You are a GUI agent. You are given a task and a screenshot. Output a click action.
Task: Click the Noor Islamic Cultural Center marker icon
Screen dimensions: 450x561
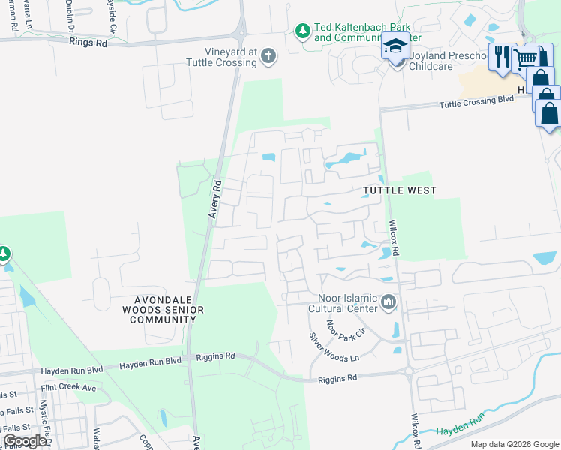click(388, 302)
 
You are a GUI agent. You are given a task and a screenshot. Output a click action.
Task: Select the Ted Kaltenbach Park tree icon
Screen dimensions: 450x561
click(302, 31)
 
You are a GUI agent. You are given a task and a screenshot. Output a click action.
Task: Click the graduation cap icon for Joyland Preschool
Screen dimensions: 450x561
click(395, 46)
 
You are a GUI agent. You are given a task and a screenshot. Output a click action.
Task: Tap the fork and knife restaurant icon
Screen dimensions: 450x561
click(500, 56)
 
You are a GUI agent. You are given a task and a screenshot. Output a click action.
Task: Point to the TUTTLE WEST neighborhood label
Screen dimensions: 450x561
click(399, 191)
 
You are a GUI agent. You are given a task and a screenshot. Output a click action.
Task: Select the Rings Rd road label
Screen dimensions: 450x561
click(88, 43)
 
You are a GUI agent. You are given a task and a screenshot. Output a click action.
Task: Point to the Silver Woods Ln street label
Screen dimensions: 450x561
click(334, 348)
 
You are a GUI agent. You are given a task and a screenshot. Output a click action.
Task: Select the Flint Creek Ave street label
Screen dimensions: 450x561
click(69, 388)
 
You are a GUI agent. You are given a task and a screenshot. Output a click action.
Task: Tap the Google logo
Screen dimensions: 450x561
click(25, 441)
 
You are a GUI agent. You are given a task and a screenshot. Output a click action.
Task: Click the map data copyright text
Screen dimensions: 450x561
click(514, 444)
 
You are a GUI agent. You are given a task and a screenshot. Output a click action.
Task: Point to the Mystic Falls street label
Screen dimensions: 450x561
click(44, 419)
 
